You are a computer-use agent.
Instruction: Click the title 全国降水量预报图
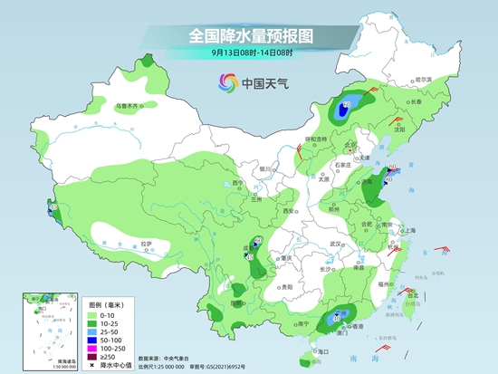click(250, 35)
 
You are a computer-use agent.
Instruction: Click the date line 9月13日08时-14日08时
click(250, 53)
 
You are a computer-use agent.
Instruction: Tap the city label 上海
click(408, 230)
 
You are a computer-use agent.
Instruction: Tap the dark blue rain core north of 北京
click(346, 111)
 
